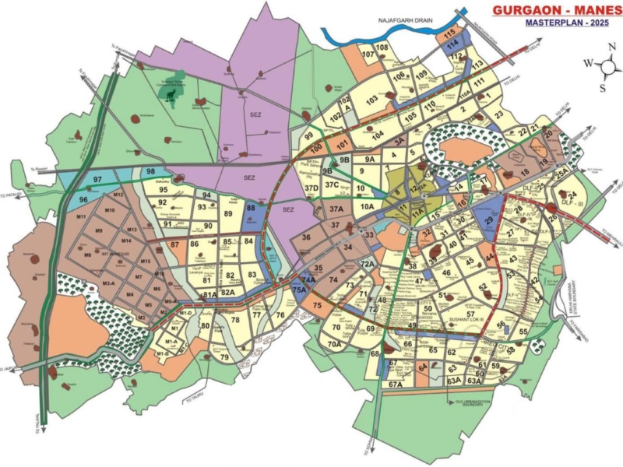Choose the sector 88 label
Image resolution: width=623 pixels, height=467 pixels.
point(251,208)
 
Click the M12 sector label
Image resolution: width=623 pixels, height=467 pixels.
point(119,195)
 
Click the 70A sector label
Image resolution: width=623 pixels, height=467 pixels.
point(335,343)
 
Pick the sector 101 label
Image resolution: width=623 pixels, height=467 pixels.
point(341,143)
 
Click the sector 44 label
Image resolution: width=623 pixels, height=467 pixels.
point(490,258)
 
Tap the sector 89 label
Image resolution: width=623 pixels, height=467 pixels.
point(229,213)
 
